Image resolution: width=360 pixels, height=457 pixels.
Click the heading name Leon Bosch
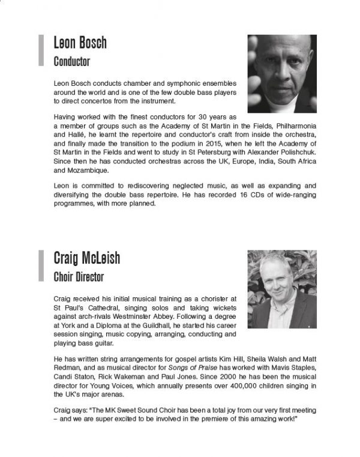coord(80,43)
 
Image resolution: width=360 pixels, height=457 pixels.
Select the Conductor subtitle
coord(71,61)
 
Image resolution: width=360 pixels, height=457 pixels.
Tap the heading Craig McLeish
coord(86,259)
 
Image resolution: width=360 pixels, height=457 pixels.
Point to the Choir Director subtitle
coord(79,277)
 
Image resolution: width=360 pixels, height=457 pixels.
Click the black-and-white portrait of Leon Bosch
coord(282,73)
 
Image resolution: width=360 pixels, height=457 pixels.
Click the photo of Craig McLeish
coord(282,289)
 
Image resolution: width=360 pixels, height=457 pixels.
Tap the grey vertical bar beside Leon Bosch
coord(41,50)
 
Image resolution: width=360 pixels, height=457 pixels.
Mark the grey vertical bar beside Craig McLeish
coord(41,266)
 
